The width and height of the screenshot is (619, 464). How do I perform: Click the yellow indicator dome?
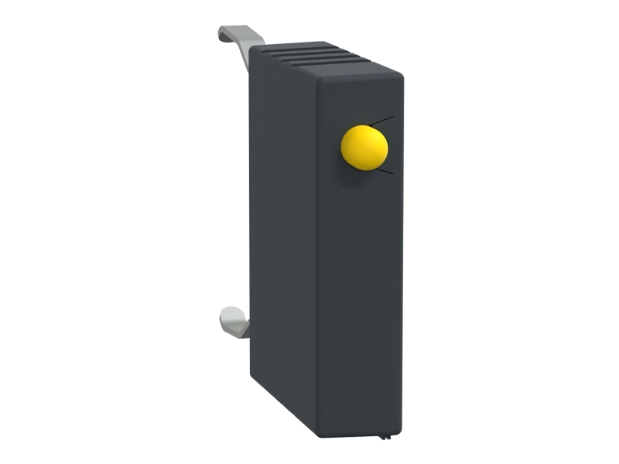[364, 147]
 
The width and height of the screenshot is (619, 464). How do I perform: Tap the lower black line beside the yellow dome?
[384, 172]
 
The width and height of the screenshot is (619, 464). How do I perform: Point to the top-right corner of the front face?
[401, 75]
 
